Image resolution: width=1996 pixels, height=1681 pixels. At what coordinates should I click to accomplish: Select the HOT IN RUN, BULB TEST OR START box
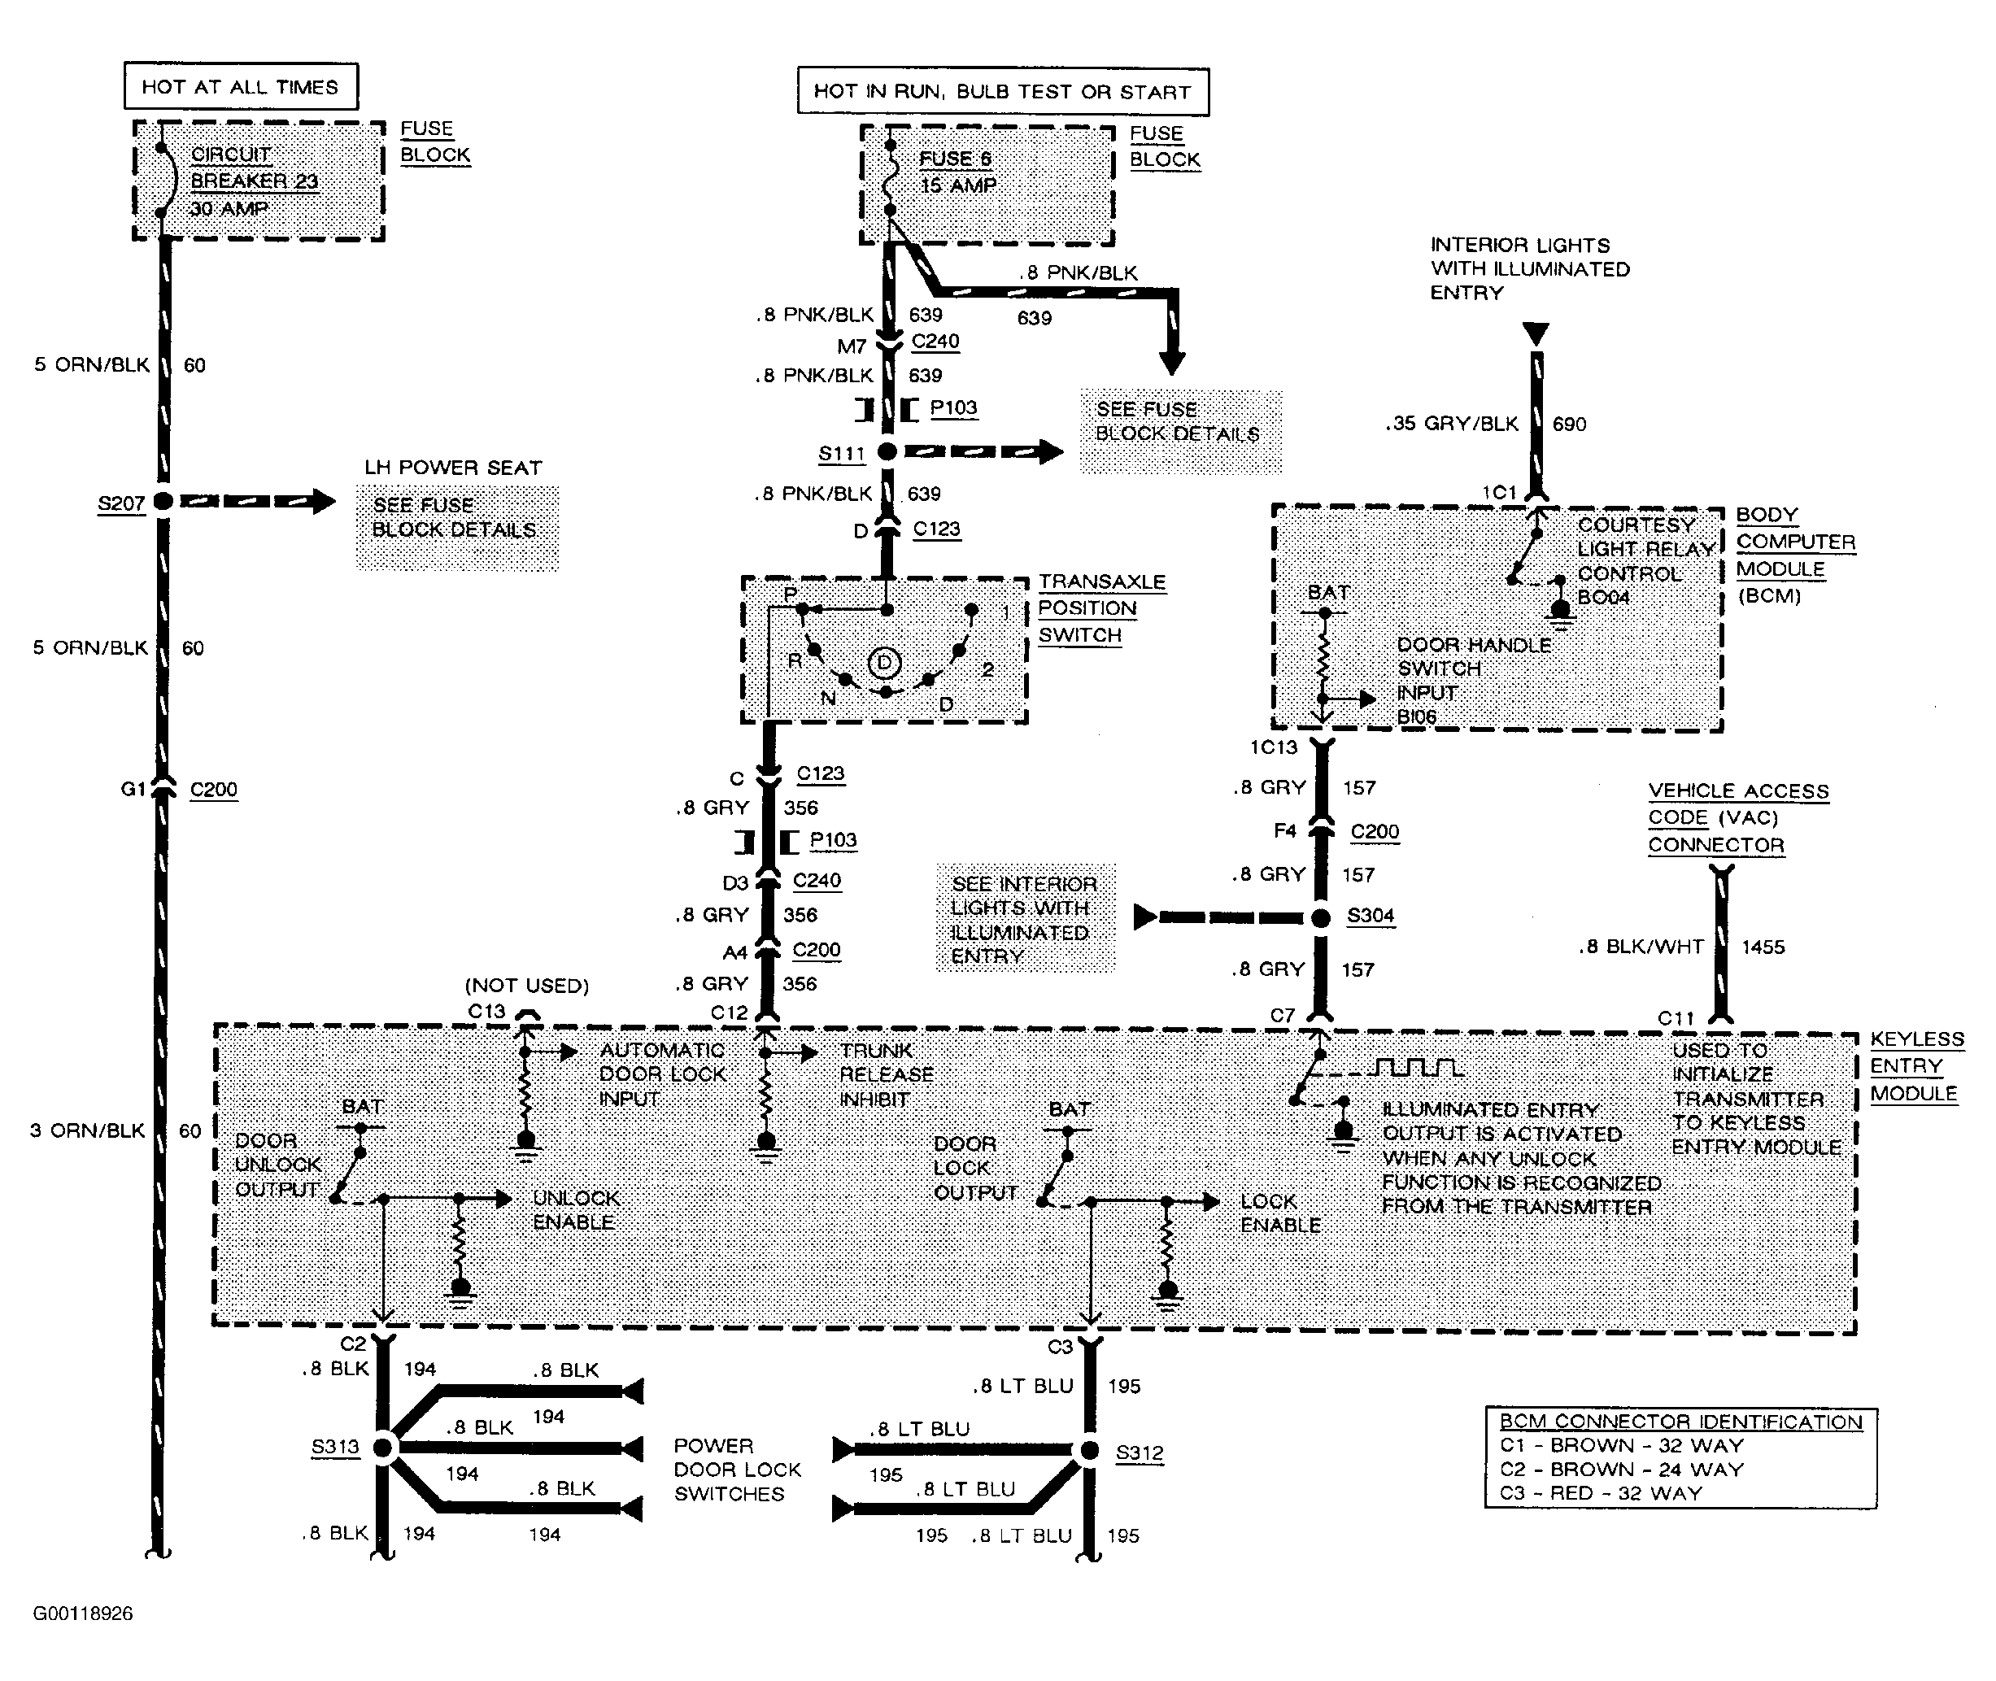coord(1003,91)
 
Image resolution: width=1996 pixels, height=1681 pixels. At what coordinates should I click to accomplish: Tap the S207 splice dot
coord(163,500)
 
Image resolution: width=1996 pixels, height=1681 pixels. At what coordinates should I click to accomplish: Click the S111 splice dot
coord(887,451)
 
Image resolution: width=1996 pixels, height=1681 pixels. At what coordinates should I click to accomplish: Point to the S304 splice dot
coord(1321,917)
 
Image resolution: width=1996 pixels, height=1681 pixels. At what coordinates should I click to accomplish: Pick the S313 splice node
coord(383,1448)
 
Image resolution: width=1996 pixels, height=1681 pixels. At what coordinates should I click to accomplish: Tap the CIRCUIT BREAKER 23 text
coord(254,168)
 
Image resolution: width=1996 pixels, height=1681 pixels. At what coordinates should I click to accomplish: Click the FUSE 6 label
coord(955,159)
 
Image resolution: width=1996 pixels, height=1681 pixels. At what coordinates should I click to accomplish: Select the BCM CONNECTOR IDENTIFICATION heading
coord(1680,1422)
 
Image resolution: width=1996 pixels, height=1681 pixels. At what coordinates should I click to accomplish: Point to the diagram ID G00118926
coord(83,1613)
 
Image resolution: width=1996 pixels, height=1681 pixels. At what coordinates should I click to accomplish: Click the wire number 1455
coord(1763,947)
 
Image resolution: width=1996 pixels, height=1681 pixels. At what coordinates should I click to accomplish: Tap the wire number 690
coord(1569,424)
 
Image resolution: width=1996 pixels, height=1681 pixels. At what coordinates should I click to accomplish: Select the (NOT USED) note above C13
coord(527,986)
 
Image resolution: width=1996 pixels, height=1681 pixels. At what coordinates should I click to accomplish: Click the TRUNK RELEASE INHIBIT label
coord(887,1075)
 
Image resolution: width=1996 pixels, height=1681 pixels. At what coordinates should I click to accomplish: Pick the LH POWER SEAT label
coord(453,468)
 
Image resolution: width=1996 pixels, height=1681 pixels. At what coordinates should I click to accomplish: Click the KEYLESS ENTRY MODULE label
coord(1917,1066)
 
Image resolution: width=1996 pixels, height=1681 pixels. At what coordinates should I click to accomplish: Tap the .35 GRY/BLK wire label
coord(1452,424)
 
